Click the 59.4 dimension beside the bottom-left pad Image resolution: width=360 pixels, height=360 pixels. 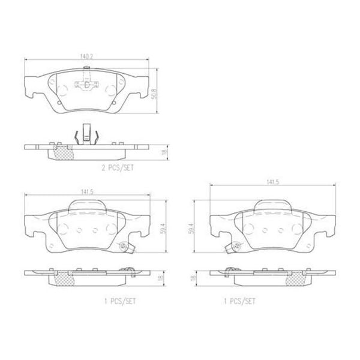(158, 229)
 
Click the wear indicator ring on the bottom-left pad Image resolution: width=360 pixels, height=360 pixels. (125, 245)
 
